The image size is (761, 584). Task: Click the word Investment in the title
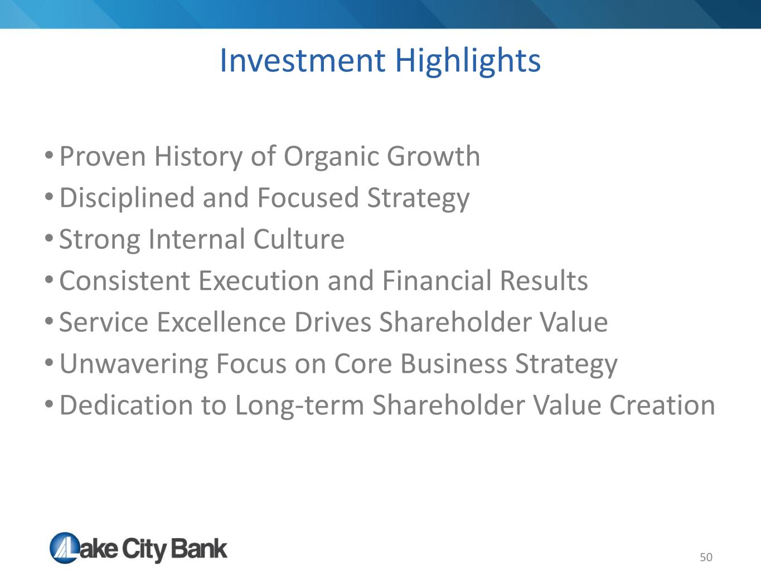pos(302,61)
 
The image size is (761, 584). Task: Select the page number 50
pos(706,557)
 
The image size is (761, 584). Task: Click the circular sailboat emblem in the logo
pos(65,548)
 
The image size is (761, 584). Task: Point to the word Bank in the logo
pos(199,549)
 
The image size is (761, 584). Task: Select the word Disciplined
pos(127,199)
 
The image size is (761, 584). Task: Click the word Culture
pos(299,239)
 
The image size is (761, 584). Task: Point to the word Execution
pos(259,281)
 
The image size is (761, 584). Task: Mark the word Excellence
pos(221,322)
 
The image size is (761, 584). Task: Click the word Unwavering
pos(134,365)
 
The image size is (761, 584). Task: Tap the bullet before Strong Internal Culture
pos(49,238)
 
